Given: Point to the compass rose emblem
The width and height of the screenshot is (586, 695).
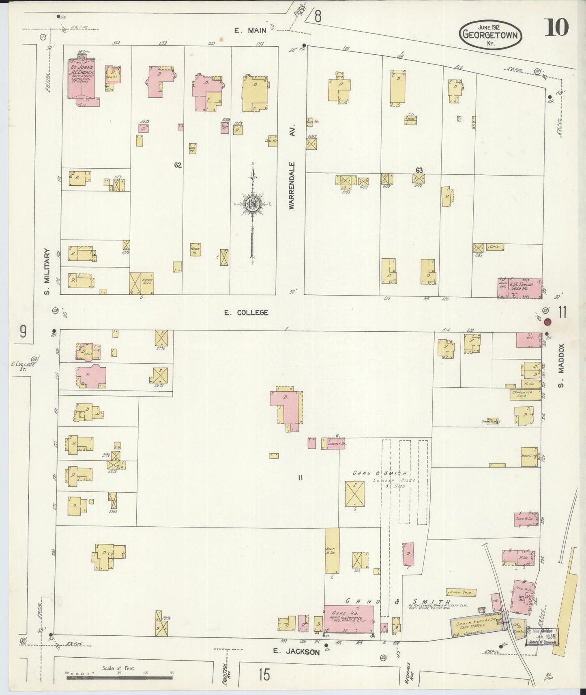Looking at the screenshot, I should (252, 204).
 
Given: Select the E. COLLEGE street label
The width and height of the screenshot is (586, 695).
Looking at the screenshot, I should (247, 313).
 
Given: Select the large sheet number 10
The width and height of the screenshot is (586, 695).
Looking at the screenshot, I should (556, 28).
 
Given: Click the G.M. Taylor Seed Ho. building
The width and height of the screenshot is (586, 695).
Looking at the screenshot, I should (520, 288).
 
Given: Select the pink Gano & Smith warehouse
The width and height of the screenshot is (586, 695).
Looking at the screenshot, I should (348, 619).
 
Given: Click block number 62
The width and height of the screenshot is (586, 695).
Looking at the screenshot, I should (178, 165).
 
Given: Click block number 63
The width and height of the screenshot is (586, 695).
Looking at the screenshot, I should (419, 170).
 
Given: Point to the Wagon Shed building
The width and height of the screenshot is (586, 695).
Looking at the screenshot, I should (142, 283).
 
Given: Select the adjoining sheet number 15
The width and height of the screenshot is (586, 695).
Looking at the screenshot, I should (264, 675).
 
